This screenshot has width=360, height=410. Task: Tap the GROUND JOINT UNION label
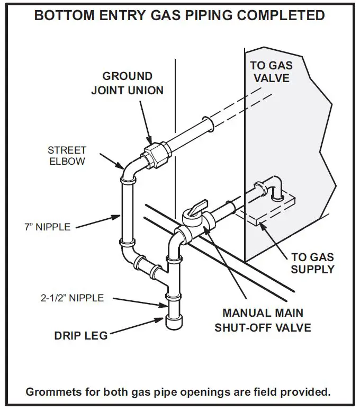pos(127,83)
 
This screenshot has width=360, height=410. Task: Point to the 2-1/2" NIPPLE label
pos(72,298)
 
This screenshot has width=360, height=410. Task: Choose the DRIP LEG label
pos(80,335)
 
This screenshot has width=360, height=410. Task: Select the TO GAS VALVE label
pos(271,72)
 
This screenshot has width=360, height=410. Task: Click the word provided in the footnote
pos(308,392)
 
